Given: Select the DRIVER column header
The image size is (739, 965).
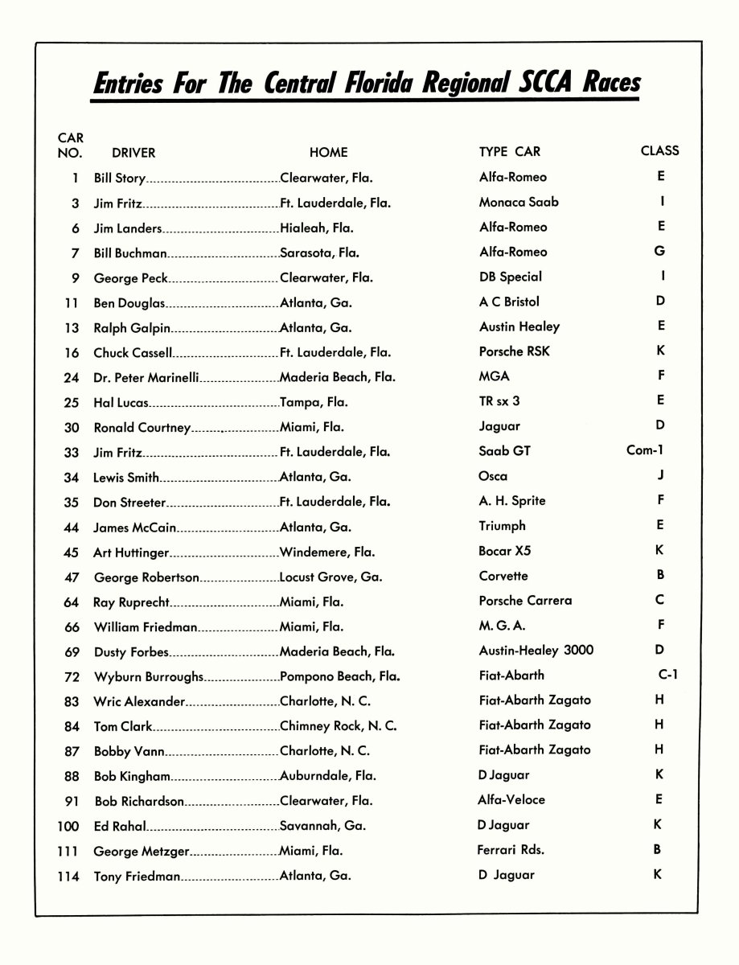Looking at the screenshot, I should coord(133,152).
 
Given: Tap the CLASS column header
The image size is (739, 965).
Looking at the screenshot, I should coord(659,150).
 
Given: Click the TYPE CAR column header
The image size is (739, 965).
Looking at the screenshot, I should coord(510,151).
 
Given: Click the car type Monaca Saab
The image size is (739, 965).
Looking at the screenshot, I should coord(519,202).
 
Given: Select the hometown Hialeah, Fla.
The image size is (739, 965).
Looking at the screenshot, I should coord(317,228).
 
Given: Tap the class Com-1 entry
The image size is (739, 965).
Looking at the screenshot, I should coord(645,450).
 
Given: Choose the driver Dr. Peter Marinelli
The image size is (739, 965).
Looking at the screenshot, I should coord(146,377).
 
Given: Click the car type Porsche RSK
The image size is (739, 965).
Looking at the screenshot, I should coord(515,351).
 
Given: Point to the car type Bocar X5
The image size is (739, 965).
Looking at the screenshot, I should coord(505,551).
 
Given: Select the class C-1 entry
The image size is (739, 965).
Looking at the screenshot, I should coord(667,675).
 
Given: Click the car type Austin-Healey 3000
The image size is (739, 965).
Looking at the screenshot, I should coord(536,650).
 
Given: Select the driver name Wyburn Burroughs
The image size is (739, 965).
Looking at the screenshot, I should coord(149,676).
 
